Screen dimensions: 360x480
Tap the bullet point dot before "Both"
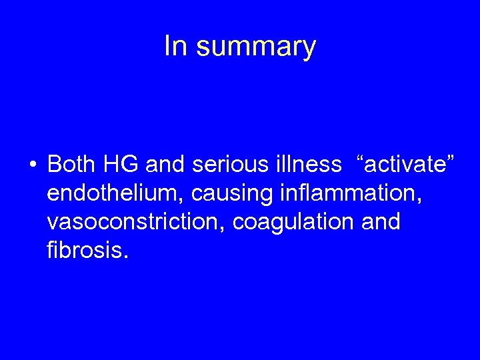click(32, 164)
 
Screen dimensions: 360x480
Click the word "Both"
click(71, 163)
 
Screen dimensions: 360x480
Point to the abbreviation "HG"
click(119, 163)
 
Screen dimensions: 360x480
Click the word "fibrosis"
click(83, 251)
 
